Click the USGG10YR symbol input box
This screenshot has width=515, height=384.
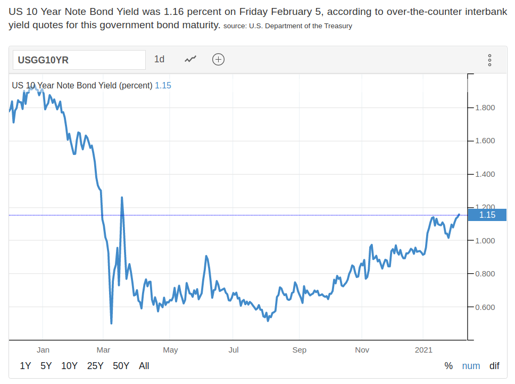[x=79, y=60]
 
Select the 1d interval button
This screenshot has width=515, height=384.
[x=159, y=59]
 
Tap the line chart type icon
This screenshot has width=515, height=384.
[x=190, y=59]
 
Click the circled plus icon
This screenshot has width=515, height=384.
[x=218, y=59]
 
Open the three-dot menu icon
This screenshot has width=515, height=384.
[x=489, y=60]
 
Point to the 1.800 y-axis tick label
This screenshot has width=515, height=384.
[x=485, y=108]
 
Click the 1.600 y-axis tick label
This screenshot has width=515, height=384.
[x=485, y=141]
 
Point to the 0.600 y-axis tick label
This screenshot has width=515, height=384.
[x=485, y=307]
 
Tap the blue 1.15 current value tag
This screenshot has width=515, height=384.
[x=487, y=215]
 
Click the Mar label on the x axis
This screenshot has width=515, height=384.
[x=103, y=350]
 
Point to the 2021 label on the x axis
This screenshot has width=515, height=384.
[x=423, y=350]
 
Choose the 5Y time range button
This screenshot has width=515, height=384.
[x=46, y=366]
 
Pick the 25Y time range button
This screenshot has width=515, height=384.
[x=95, y=366]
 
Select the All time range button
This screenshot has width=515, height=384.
[x=144, y=366]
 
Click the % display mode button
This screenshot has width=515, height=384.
[x=448, y=366]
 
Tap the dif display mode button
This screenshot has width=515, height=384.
[x=495, y=366]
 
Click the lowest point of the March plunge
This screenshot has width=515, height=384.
[x=111, y=323]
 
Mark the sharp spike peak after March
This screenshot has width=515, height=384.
[x=122, y=198]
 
